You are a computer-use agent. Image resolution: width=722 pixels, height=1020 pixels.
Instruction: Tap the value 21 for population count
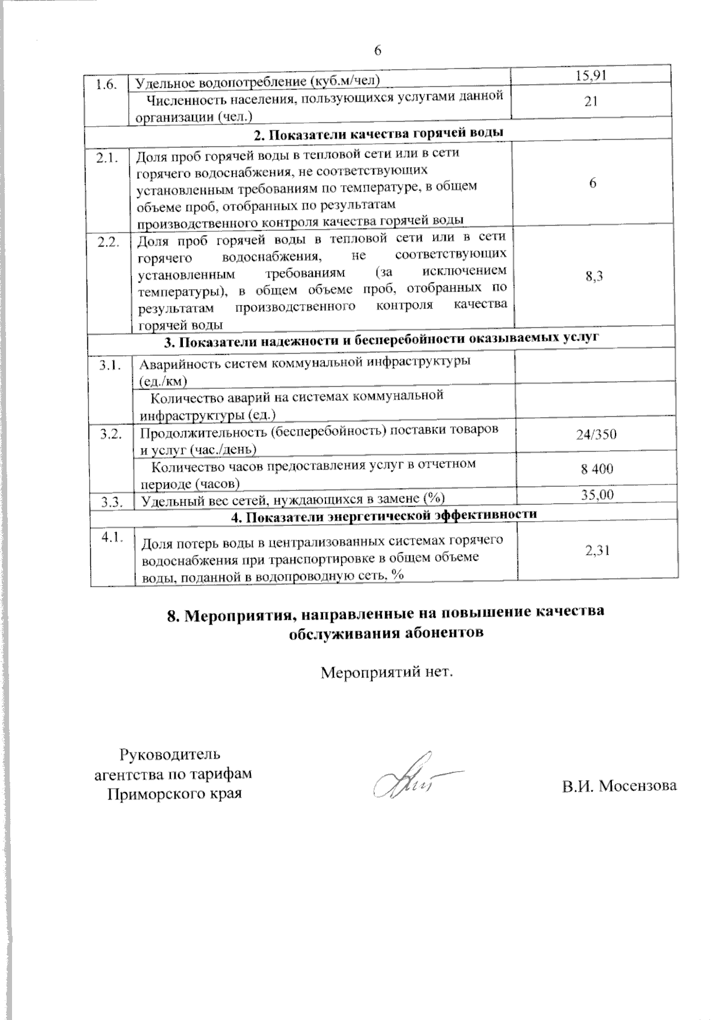click(591, 102)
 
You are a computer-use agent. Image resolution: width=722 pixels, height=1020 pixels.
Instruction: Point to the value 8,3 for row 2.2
click(594, 276)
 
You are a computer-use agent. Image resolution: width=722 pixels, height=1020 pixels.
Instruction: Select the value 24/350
click(596, 435)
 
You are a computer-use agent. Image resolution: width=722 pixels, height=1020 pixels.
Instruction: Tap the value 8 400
click(597, 469)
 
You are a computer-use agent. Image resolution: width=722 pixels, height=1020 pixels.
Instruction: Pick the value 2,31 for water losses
click(597, 549)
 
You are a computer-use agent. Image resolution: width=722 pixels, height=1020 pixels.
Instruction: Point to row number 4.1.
click(113, 538)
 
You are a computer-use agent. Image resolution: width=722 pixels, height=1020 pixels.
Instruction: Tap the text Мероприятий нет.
click(386, 671)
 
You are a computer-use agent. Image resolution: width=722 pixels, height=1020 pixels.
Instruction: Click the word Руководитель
click(170, 753)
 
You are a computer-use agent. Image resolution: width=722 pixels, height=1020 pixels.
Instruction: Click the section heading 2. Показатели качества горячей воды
click(378, 133)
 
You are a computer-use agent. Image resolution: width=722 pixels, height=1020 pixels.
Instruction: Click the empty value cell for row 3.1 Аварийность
click(596, 367)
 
